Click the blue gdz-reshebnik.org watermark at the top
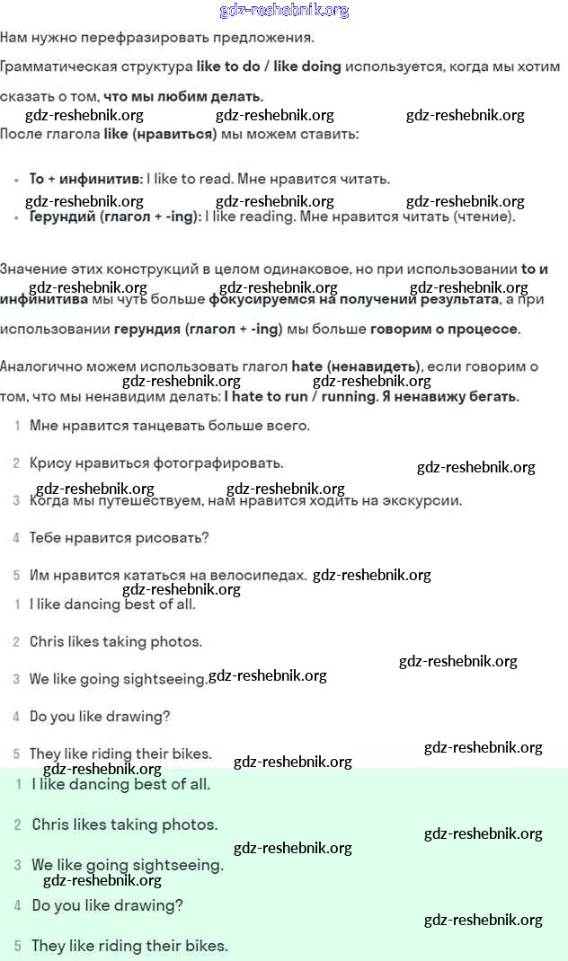click(284, 11)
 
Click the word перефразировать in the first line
click(172, 39)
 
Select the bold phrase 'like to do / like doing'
click(269, 67)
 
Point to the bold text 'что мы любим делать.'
click(183, 96)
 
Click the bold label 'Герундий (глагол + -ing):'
click(115, 216)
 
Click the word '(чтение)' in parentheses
click(484, 216)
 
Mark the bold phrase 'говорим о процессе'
click(444, 329)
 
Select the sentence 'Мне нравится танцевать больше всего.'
click(170, 426)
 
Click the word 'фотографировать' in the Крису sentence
click(218, 463)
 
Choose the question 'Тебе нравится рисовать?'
click(119, 538)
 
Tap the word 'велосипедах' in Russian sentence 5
click(261, 575)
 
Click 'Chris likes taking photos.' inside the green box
click(125, 824)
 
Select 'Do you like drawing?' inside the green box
click(108, 905)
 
